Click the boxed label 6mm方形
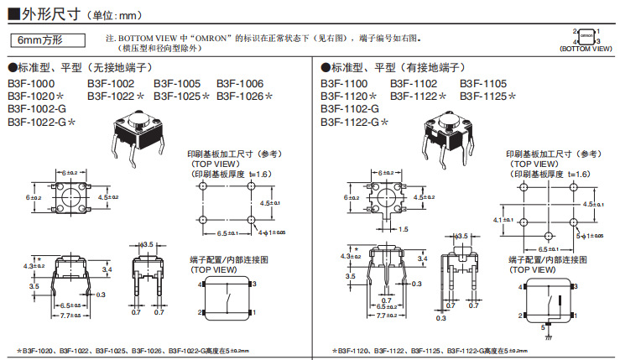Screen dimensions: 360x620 tap(46, 40)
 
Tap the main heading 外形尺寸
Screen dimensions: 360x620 tap(50, 13)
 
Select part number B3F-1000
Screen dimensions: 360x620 tap(32, 84)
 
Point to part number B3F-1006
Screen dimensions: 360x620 tap(240, 84)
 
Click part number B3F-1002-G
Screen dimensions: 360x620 tap(36, 109)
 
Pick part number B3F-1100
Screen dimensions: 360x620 tap(345, 84)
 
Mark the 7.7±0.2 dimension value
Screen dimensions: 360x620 tap(386, 315)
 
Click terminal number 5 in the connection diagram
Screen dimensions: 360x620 tap(543, 326)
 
